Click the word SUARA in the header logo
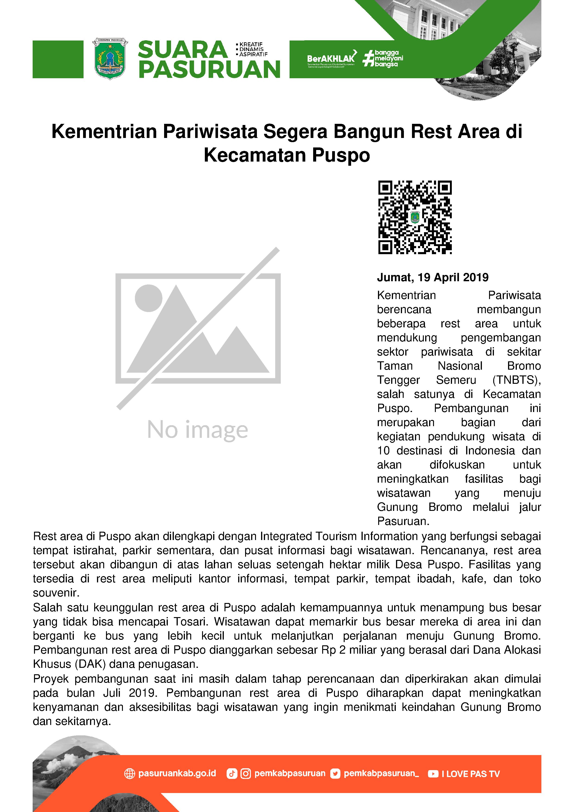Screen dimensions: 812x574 click(182, 50)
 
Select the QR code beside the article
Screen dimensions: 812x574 click(415, 217)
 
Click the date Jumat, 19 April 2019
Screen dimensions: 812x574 click(433, 277)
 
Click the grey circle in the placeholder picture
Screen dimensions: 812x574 click(149, 298)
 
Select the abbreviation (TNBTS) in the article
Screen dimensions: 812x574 click(516, 380)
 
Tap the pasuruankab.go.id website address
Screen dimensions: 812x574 click(177, 773)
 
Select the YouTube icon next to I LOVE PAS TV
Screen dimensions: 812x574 click(433, 774)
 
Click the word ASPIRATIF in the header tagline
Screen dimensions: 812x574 click(253, 54)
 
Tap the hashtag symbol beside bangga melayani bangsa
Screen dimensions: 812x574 click(368, 58)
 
